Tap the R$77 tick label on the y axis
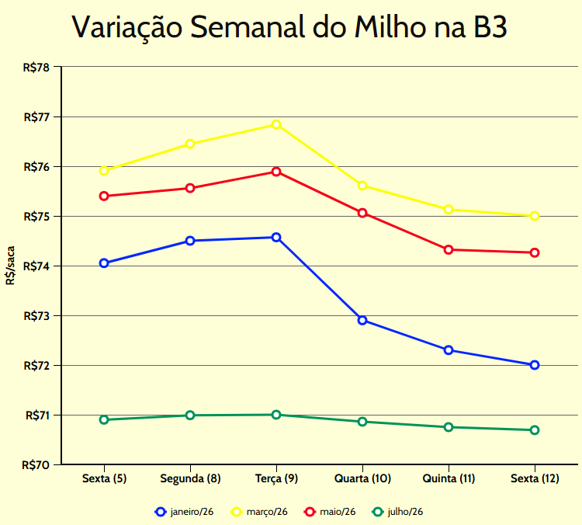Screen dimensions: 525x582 36,117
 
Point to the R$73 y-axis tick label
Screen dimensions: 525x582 36,316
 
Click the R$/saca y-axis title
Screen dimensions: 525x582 10,266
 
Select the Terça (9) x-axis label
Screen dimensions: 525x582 276,478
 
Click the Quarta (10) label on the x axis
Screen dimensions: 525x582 362,478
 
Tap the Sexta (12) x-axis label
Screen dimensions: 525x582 535,478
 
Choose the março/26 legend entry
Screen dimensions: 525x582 260,512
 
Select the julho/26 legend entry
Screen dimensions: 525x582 398,512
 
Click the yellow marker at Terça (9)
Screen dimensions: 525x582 276,124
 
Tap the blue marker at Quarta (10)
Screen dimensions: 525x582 362,320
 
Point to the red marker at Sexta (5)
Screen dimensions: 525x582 104,196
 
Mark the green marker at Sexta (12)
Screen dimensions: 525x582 535,430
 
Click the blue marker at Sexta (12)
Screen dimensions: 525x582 535,365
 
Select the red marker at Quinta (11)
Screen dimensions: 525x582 449,249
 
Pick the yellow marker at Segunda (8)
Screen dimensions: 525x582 190,144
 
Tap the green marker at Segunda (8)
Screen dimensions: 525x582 190,415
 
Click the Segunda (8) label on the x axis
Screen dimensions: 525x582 190,478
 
